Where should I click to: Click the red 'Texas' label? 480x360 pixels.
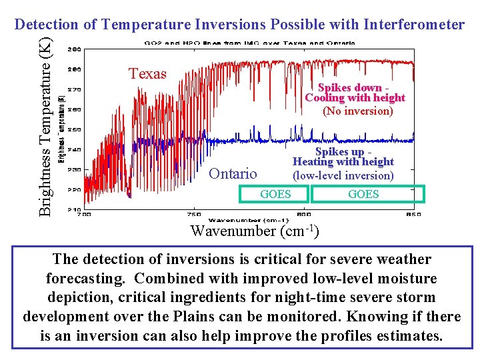point(147,74)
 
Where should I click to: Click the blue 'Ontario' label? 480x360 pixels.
point(233,174)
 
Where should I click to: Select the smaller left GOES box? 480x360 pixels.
point(275,194)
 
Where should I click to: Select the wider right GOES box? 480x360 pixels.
point(363,194)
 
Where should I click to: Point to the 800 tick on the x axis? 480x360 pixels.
point(304,215)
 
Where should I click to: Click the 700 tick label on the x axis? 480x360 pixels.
point(85,215)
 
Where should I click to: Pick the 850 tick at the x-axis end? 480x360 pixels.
point(413,215)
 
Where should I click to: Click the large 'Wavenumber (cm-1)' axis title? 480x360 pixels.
point(254,231)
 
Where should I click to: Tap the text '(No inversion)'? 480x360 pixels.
point(357,111)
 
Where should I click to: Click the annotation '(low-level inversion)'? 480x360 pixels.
point(343,175)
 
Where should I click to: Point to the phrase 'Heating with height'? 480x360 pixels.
point(343,162)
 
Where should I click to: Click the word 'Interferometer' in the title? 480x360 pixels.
point(415,25)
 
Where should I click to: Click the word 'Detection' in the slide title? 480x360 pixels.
point(45,25)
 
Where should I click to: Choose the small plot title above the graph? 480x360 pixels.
point(250,43)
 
